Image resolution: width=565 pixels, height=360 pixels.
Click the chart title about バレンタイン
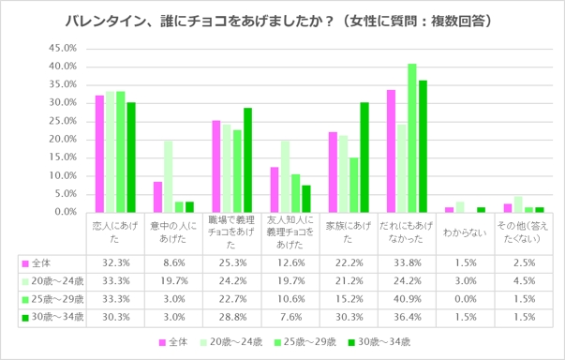coord(281,19)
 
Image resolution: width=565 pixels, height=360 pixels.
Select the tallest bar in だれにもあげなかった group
coord(412,137)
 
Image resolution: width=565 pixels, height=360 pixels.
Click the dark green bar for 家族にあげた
coord(364,157)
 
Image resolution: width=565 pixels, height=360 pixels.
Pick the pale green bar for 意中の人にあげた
coord(168,175)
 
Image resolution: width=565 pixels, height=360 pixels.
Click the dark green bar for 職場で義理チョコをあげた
coord(247,159)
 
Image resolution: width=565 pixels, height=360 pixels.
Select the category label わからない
coord(463,228)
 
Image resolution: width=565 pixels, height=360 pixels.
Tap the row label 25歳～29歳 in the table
coord(51,299)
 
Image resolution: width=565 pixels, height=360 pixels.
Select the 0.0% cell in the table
coord(463,299)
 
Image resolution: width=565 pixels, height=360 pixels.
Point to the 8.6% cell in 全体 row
coord(172,263)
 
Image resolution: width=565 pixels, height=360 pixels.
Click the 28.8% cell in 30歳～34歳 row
coord(230,318)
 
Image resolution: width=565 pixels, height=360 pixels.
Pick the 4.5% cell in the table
coord(521,281)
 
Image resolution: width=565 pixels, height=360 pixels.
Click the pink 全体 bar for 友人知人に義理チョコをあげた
coord(274,188)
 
